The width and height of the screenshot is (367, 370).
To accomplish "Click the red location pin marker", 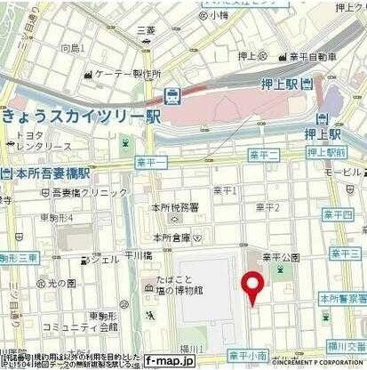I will coord(253,286).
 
